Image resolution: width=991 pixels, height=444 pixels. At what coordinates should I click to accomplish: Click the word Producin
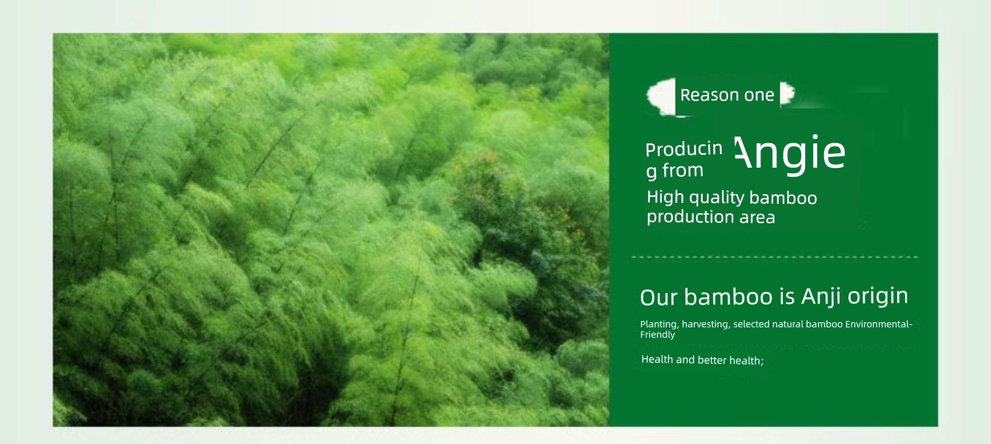coord(684,149)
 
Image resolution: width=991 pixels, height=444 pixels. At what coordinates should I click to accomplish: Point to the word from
coord(683,170)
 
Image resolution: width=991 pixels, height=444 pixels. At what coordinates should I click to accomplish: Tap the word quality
coord(717,198)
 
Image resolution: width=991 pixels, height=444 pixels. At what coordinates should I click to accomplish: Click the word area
coord(757,218)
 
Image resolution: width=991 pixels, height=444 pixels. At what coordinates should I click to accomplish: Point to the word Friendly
coord(657,335)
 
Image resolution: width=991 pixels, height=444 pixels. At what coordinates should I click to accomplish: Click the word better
coord(712,360)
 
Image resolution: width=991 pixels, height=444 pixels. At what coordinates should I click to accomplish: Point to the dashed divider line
coord(775,257)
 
